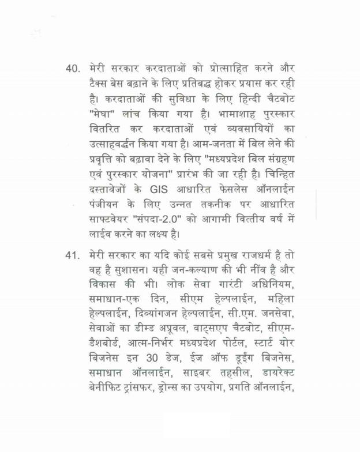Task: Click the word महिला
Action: tap(279, 300)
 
